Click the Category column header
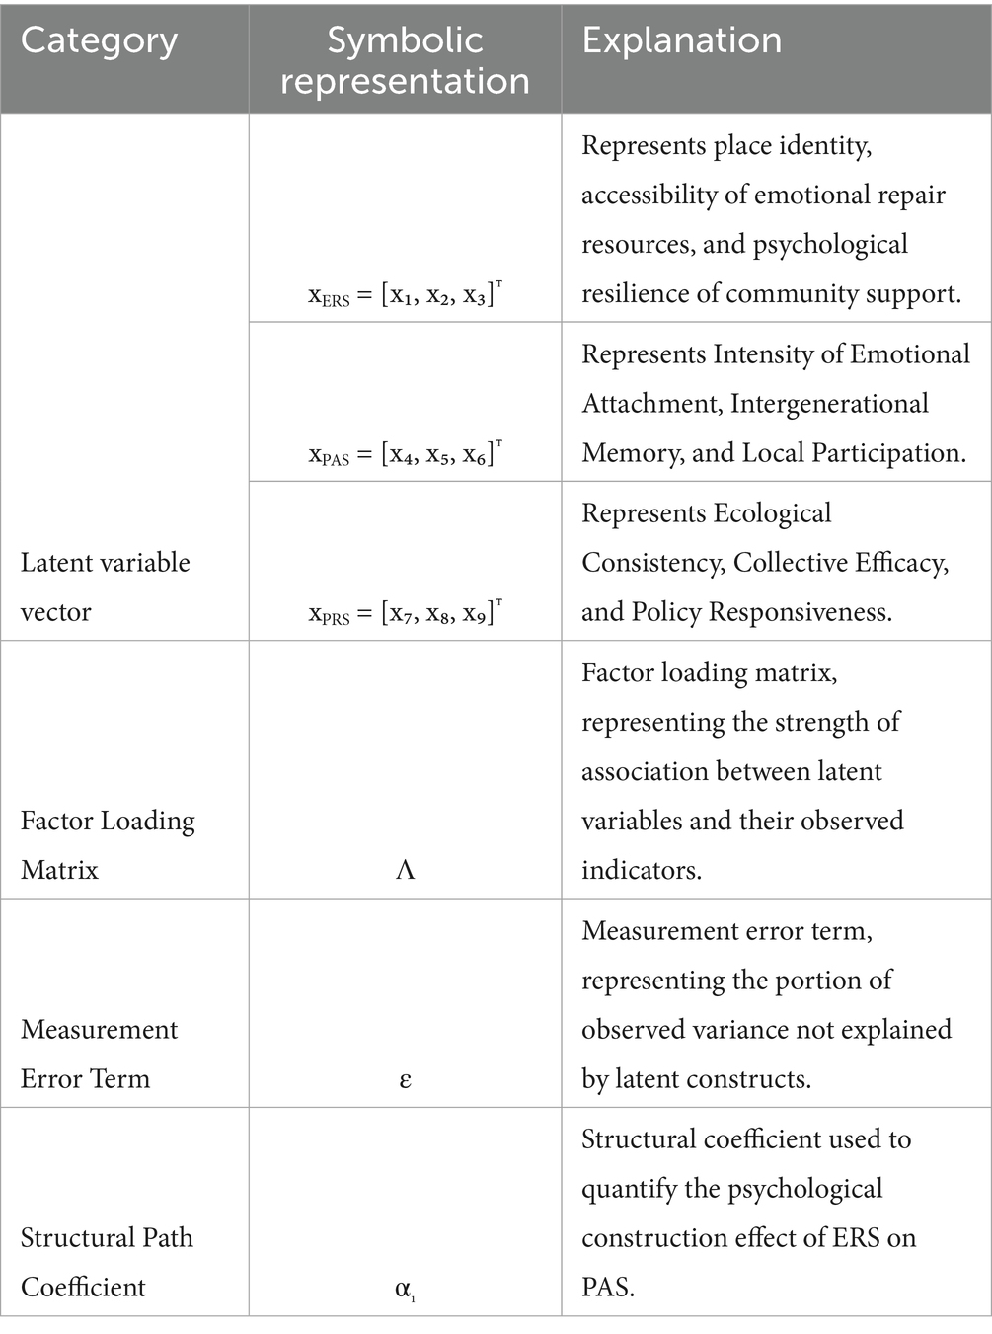(99, 40)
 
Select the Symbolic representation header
(405, 60)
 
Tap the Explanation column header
(681, 40)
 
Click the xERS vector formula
(405, 294)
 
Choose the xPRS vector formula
(405, 613)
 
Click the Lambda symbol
(405, 870)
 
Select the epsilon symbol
(405, 1079)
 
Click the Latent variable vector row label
(105, 587)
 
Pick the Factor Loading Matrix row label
(108, 845)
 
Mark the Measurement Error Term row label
(99, 1054)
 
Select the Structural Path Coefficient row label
(107, 1262)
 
